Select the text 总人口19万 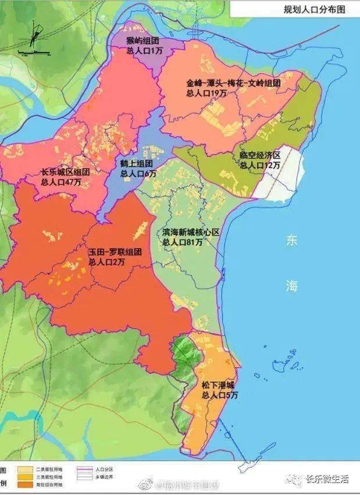[206, 92]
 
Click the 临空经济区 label [260, 156]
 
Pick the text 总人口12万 [260, 165]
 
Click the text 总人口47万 [62, 182]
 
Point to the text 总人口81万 [182, 241]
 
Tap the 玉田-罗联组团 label [115, 253]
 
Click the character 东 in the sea [291, 241]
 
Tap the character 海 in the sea [291, 286]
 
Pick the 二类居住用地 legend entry [52, 468]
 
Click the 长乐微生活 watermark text [327, 479]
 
